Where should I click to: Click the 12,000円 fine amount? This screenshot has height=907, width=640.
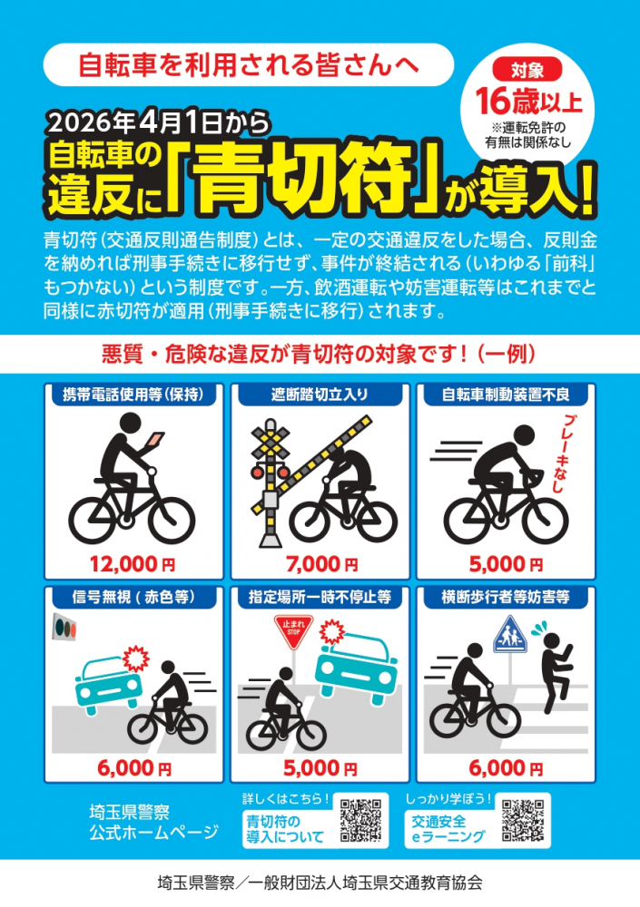tap(133, 564)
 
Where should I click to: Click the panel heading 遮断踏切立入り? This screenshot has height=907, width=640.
tap(320, 395)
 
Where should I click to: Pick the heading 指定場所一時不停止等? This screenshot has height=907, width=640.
tap(320, 598)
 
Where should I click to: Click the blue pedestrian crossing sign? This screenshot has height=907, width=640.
tap(509, 632)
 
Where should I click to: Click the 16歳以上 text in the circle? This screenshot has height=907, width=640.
tap(527, 96)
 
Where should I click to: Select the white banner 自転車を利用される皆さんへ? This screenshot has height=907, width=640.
tap(248, 65)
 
